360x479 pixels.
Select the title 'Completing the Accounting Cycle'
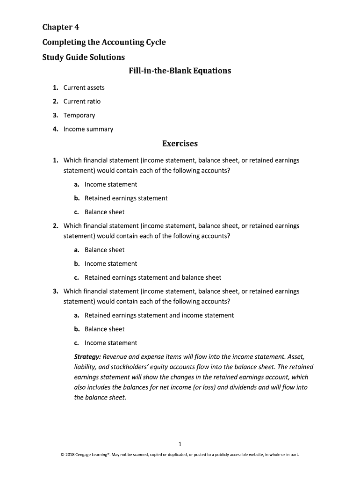point(104,42)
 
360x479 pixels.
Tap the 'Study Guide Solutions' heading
point(83,57)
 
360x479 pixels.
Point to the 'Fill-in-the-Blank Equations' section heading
point(180,71)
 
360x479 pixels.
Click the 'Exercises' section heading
point(180,144)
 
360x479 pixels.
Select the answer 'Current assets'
point(84,87)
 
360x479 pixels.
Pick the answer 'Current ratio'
point(82,102)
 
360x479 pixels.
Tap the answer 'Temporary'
point(79,115)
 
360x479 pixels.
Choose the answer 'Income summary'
point(88,129)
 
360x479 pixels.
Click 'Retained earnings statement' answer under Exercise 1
point(126,198)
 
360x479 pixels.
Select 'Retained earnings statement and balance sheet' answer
point(153,277)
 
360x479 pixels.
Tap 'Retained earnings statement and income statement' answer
point(159,315)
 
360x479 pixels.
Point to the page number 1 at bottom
point(180,444)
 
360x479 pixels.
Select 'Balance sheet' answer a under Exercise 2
point(104,250)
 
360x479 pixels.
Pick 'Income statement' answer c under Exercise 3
point(111,343)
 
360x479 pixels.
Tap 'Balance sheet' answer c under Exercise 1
point(104,212)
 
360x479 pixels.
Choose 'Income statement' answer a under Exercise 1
point(111,184)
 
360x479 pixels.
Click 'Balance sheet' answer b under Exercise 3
point(104,329)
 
